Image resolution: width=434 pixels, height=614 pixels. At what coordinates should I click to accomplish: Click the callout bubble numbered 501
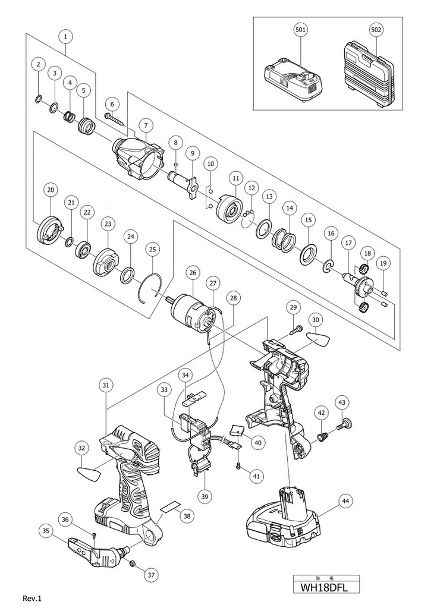coord(301,30)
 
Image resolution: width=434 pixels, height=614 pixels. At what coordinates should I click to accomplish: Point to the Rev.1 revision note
coord(32,599)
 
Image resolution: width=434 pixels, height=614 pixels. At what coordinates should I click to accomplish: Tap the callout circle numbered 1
coord(65,37)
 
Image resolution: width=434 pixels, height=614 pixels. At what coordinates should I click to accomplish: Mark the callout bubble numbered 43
coord(342,402)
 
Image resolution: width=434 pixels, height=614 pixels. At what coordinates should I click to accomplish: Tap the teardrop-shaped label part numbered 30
coord(317,339)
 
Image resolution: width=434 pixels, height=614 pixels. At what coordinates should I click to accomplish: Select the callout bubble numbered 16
coord(331,234)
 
